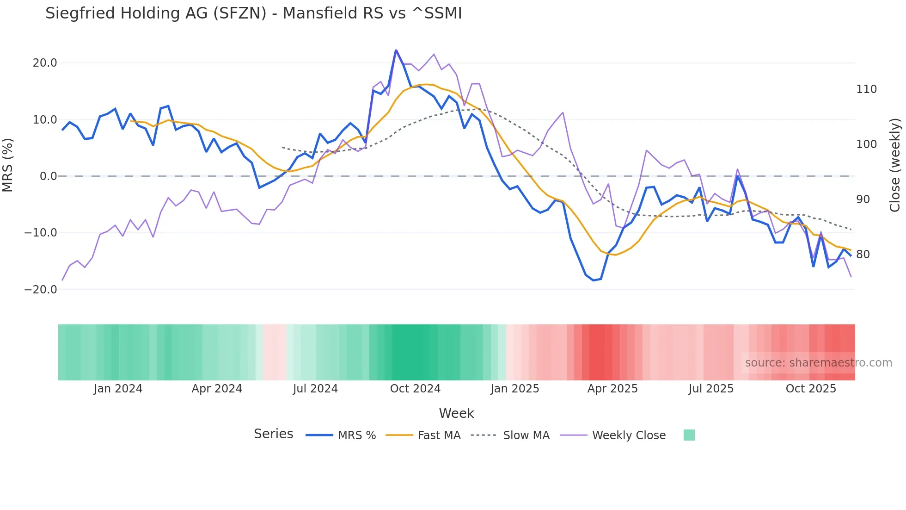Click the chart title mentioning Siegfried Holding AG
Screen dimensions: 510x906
pos(253,13)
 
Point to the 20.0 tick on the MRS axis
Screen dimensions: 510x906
pos(45,63)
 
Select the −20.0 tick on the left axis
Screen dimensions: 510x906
pos(41,290)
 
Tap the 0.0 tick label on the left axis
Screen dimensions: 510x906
pos(48,176)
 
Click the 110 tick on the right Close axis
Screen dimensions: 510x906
pos(866,89)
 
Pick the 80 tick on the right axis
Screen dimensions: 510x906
pos(863,255)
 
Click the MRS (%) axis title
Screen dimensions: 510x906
pos(8,165)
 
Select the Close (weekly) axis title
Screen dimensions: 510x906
pos(895,165)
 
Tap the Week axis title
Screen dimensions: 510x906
pos(456,413)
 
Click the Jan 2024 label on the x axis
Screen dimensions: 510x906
pos(118,389)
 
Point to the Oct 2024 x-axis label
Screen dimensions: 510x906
pos(415,389)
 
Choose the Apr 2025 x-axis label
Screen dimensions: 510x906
pos(612,389)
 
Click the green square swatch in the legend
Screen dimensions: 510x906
pos(689,435)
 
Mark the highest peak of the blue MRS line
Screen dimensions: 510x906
pos(396,50)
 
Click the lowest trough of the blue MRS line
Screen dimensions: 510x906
pos(594,280)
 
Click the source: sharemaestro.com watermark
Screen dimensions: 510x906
pos(818,363)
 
